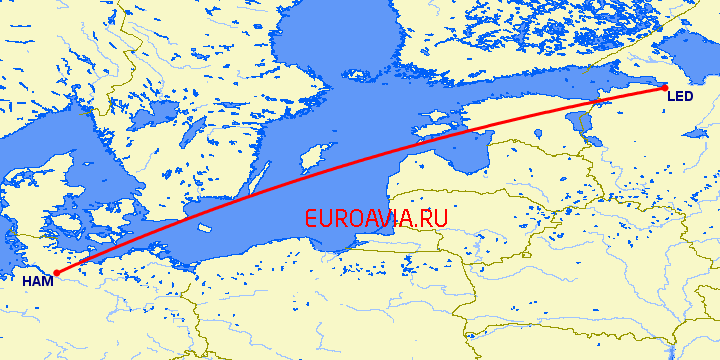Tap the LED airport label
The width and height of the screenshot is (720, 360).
coord(679,97)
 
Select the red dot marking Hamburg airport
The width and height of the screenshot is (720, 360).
coord(56,272)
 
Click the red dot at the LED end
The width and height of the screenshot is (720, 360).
coord(665,88)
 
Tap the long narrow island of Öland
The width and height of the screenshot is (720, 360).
coord(258,180)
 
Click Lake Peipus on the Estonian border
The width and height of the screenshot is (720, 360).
coord(581,124)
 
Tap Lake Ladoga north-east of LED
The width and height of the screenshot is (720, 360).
coord(690,50)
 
